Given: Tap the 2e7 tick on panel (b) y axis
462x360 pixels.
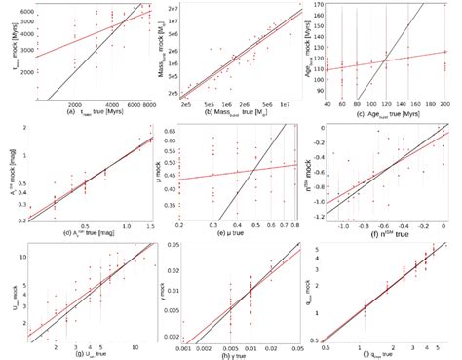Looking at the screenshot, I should coord(179,9).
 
